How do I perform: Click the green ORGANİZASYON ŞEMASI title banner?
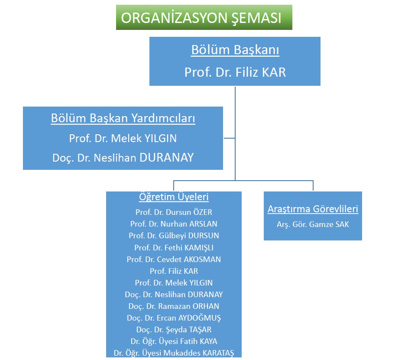(x=204, y=17)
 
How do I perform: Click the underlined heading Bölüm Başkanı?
(x=235, y=50)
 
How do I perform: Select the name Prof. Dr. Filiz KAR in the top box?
(x=235, y=72)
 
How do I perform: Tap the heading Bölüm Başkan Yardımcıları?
(x=123, y=118)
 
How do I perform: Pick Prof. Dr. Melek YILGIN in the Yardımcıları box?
(x=123, y=138)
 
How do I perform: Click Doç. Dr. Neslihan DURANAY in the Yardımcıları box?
(x=123, y=158)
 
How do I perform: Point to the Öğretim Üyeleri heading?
(x=174, y=197)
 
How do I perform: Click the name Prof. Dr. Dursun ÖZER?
(x=174, y=212)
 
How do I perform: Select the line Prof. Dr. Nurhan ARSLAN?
(x=174, y=224)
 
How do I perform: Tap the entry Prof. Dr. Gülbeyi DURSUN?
(x=174, y=236)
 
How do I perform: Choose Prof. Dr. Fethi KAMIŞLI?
(x=174, y=248)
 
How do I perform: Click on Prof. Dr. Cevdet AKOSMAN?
(x=174, y=259)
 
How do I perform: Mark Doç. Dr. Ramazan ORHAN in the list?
(x=174, y=306)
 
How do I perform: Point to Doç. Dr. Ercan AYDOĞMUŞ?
(x=174, y=318)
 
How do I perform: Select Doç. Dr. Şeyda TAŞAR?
(x=174, y=330)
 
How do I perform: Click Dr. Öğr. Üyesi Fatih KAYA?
(x=174, y=341)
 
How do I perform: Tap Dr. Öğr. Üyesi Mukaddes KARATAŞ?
(x=174, y=353)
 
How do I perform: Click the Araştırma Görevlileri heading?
(x=313, y=209)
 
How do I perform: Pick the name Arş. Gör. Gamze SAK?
(x=313, y=224)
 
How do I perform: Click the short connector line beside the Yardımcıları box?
(x=230, y=138)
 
